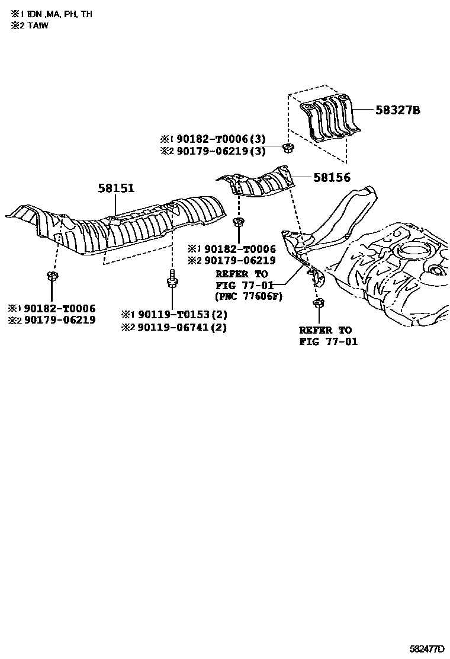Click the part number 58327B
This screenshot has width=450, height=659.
pos(397,110)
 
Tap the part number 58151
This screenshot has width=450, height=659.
pos(116,188)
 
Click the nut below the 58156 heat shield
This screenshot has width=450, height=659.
pos(238,222)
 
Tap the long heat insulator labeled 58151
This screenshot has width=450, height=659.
pos(136,225)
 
